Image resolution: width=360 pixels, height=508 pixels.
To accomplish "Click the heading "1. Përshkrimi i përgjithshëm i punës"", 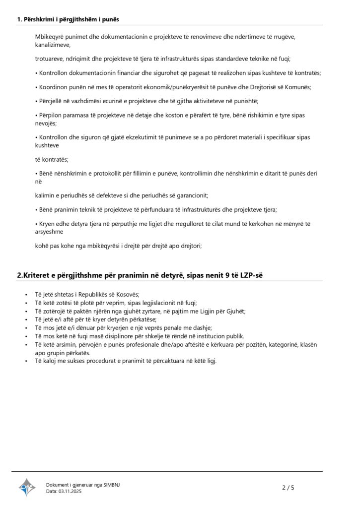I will point(68,19).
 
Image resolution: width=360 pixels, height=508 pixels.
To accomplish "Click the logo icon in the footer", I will point(27,487).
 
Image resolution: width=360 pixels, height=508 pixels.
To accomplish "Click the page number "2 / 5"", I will point(288,488).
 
